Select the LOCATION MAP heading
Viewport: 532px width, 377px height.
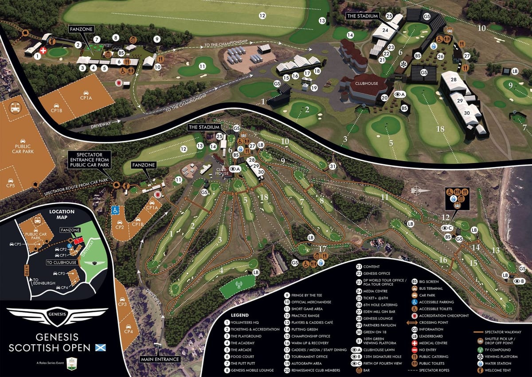point(62,215)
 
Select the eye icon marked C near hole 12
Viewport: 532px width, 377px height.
point(447,228)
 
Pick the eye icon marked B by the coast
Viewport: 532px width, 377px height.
point(519,281)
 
